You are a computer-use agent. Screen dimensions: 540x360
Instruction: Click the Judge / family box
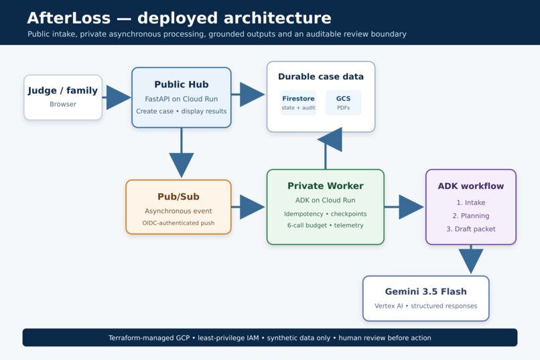point(63,97)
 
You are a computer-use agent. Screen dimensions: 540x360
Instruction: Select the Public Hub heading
point(182,84)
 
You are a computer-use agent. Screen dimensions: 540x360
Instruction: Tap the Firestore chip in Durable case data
point(298,103)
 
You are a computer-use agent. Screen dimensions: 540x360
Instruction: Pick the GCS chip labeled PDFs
point(343,103)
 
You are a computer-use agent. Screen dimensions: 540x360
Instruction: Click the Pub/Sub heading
point(178,196)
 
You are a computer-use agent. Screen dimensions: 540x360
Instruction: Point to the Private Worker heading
point(326,186)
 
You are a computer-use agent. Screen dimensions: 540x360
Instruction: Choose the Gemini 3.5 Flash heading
point(426,292)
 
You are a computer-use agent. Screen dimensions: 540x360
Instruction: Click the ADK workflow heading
point(471,186)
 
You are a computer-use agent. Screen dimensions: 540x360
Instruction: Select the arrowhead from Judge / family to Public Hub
point(119,97)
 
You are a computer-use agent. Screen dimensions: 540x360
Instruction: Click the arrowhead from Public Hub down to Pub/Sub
point(182,166)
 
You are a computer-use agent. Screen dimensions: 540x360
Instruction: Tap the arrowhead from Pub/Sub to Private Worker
point(252,207)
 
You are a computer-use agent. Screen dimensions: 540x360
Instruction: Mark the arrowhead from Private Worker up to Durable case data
point(330,139)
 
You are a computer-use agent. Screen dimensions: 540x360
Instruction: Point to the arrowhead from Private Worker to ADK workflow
point(411,207)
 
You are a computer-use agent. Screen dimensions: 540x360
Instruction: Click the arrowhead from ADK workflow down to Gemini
point(471,261)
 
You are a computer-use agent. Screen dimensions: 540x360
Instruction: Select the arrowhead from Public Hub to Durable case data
point(252,95)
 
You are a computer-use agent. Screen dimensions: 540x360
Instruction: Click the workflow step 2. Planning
point(471,216)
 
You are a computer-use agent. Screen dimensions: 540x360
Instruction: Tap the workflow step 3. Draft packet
point(471,229)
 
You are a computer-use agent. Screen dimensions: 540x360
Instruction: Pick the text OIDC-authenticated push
point(178,223)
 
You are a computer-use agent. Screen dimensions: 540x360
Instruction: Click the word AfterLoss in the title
point(69,18)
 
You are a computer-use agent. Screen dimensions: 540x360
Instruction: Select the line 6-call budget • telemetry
point(326,225)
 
